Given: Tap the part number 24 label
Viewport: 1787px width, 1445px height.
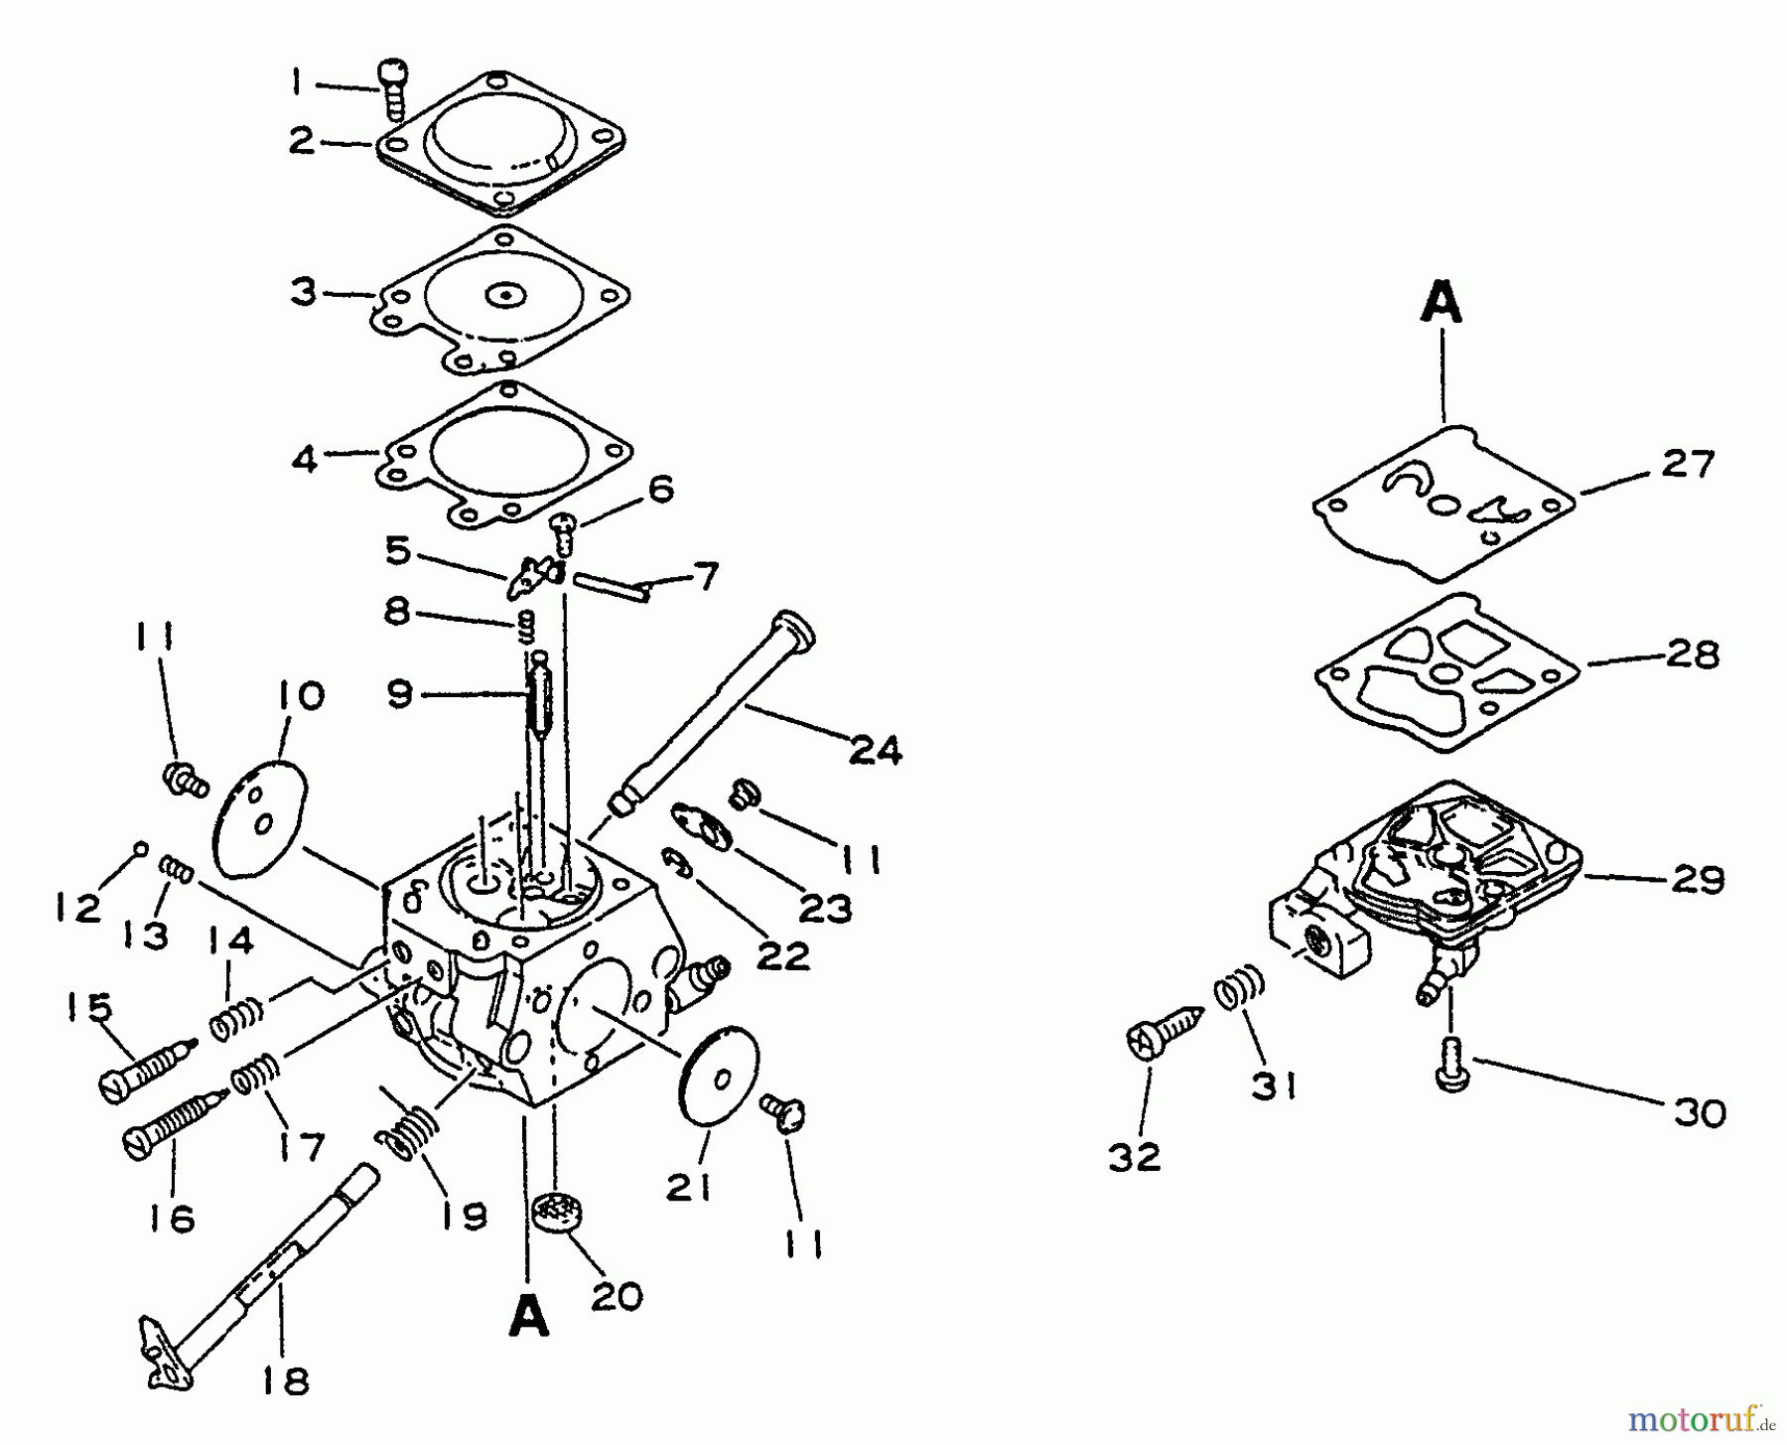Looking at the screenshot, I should pos(875,750).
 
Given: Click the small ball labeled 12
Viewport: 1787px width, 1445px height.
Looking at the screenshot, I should pos(141,848).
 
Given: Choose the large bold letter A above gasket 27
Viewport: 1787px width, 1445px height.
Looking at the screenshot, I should pos(1441,302).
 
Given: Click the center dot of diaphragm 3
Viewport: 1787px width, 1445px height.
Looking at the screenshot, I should pos(505,296).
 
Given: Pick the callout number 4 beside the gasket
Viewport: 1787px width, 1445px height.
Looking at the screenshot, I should pos(305,460).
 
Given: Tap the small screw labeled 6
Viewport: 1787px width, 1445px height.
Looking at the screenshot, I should pos(564,531).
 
